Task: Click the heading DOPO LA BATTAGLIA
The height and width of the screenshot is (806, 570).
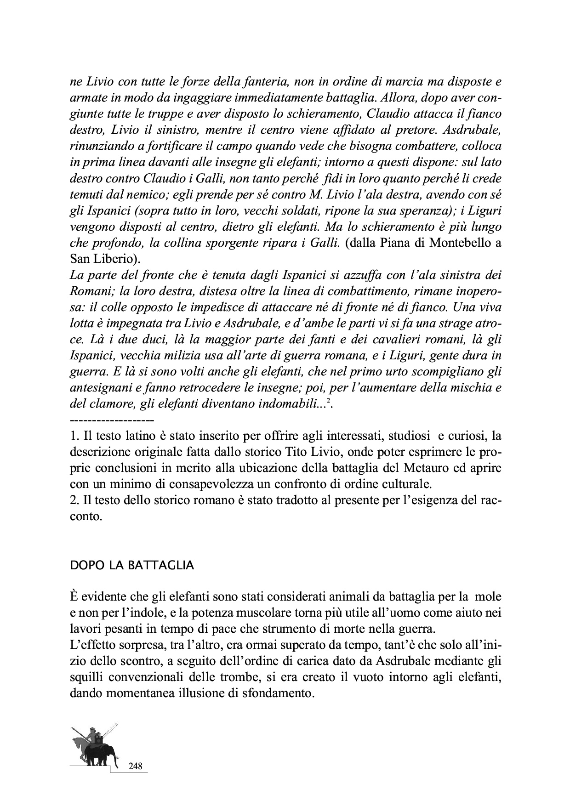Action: click(131, 566)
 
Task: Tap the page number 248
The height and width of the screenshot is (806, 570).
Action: click(136, 766)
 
